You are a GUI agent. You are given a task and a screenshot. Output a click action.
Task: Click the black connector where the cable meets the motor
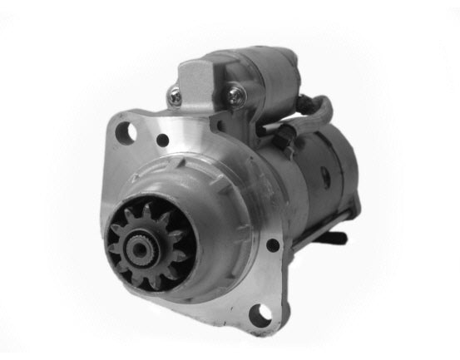[284, 132]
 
